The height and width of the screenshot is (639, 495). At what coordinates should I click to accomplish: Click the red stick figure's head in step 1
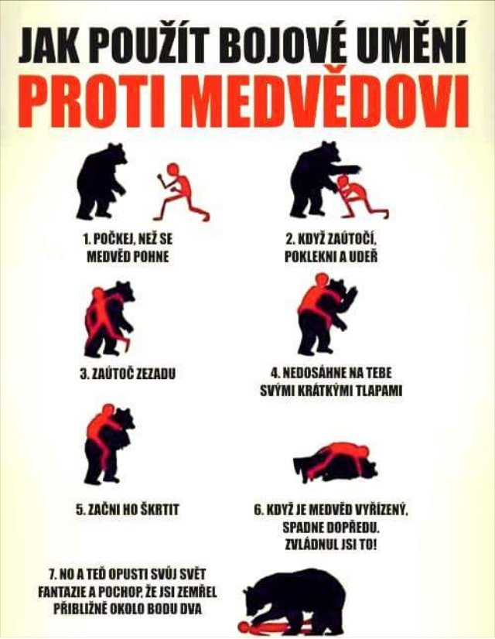pos(173,169)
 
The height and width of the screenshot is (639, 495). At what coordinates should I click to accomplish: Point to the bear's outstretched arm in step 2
pos(346,169)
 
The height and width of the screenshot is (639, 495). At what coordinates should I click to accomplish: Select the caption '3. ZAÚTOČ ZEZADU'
pos(128,374)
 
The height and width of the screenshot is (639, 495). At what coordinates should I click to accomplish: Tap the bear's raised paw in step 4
pos(351,298)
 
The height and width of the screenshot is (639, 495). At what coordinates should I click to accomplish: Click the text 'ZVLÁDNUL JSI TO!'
pos(331,545)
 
